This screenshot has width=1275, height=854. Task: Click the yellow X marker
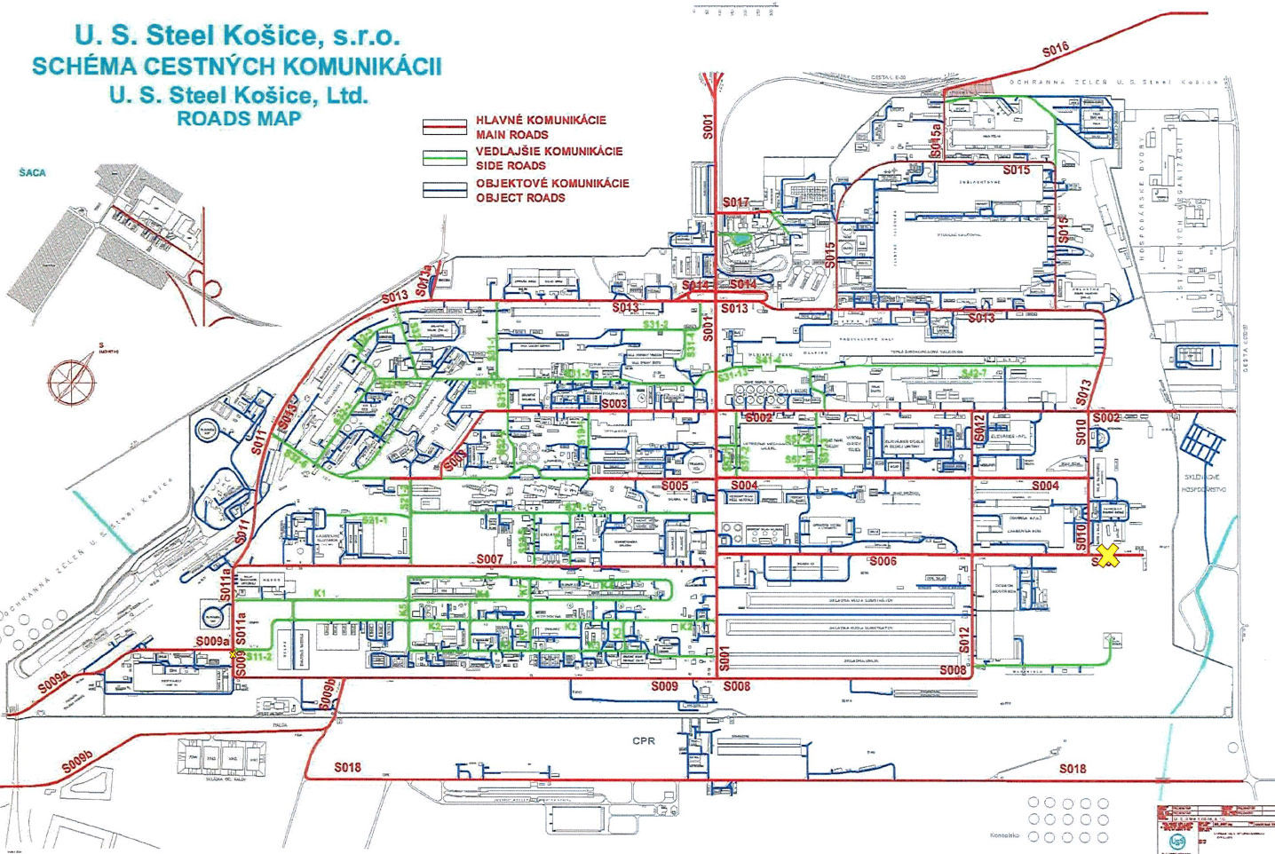pyautogui.click(x=1107, y=556)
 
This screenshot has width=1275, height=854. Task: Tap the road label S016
pyautogui.click(x=1055, y=51)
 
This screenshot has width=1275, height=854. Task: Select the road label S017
pyautogui.click(x=735, y=202)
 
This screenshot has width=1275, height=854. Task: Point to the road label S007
pyautogui.click(x=489, y=559)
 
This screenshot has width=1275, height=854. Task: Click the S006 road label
pyautogui.click(x=883, y=561)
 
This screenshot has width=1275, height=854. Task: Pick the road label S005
pyautogui.click(x=674, y=486)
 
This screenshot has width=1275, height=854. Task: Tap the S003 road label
pyautogui.click(x=614, y=404)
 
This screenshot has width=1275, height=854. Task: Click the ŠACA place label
pyautogui.click(x=32, y=172)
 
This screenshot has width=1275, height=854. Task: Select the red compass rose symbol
pyautogui.click(x=70, y=380)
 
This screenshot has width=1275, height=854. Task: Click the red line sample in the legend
pyautogui.click(x=444, y=127)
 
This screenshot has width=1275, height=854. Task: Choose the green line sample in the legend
pyautogui.click(x=444, y=158)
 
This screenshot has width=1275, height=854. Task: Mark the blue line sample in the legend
pyautogui.click(x=444, y=190)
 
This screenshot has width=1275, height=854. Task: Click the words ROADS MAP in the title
pyautogui.click(x=239, y=118)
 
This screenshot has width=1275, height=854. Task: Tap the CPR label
pyautogui.click(x=644, y=740)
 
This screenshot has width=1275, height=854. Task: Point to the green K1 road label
pyautogui.click(x=320, y=592)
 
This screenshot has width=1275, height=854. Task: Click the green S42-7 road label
pyautogui.click(x=973, y=374)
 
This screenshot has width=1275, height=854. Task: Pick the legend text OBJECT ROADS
pyautogui.click(x=520, y=198)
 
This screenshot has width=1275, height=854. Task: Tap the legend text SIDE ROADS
pyautogui.click(x=511, y=166)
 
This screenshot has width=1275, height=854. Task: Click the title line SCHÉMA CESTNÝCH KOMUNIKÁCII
pyautogui.click(x=237, y=67)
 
